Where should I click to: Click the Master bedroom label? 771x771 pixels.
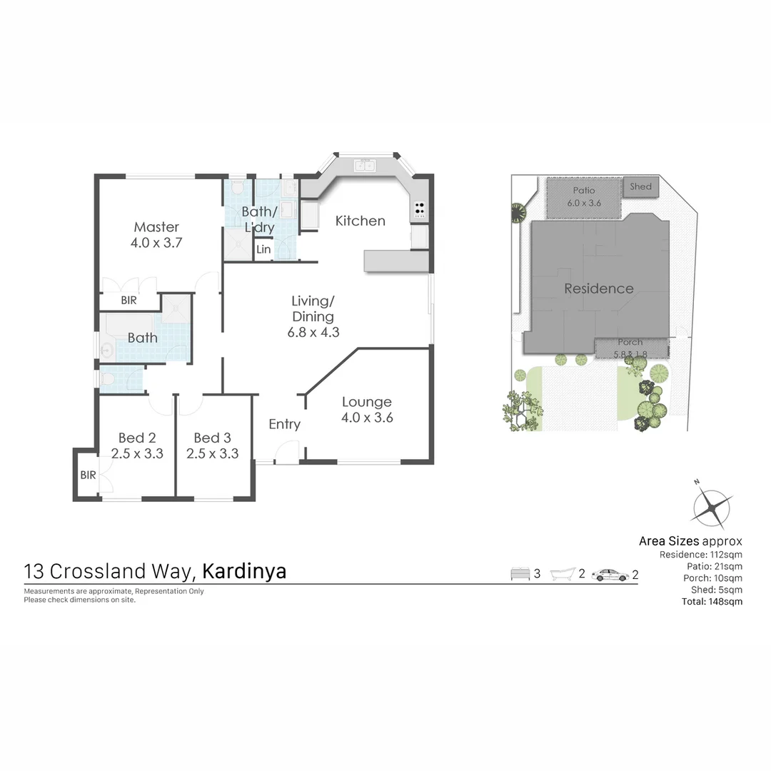click(156, 227)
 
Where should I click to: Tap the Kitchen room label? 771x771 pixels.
click(361, 221)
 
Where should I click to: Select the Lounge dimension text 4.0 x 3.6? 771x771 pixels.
click(367, 418)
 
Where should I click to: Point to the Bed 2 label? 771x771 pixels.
click(137, 438)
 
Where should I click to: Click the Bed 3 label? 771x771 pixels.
click(212, 438)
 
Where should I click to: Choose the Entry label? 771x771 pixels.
click(284, 425)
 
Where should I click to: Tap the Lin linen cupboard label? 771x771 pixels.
click(263, 249)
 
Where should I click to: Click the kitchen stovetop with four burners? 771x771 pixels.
click(420, 209)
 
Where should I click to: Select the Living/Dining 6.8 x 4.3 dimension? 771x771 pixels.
click(313, 332)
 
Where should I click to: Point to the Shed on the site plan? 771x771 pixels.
click(640, 187)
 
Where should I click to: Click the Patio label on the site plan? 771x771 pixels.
click(584, 191)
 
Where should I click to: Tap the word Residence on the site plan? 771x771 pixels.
click(599, 288)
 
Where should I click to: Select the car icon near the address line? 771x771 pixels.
click(610, 574)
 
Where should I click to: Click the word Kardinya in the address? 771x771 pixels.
click(244, 572)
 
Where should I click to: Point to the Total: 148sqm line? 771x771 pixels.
click(712, 601)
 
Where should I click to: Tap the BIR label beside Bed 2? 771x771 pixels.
click(88, 475)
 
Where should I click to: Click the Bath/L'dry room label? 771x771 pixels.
click(258, 219)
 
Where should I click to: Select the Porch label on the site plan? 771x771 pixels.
click(630, 342)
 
